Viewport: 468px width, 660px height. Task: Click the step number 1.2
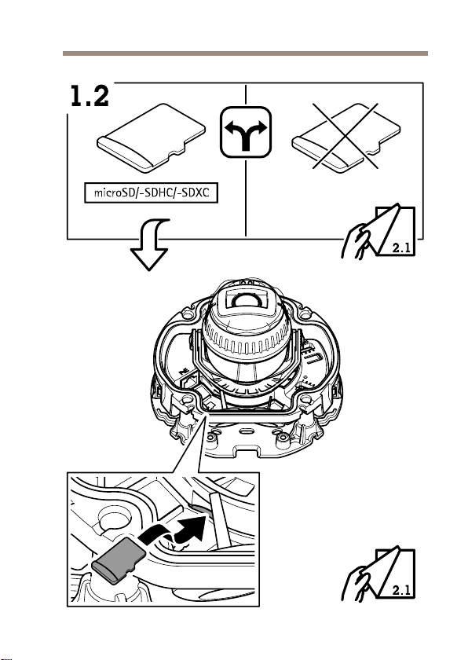click(x=90, y=96)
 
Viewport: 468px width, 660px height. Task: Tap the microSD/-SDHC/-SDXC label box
click(x=152, y=192)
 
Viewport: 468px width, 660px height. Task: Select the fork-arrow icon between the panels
click(x=246, y=132)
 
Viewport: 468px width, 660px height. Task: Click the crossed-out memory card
click(x=346, y=137)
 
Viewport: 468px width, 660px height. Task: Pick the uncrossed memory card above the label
click(x=152, y=138)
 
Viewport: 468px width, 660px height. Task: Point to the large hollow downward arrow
click(x=151, y=244)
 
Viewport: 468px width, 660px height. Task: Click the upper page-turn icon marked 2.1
click(x=378, y=230)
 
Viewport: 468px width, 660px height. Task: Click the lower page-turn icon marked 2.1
click(x=378, y=574)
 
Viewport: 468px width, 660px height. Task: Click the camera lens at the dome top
click(x=245, y=300)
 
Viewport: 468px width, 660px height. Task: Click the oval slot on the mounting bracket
click(x=246, y=431)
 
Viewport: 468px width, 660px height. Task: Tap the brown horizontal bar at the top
click(x=245, y=53)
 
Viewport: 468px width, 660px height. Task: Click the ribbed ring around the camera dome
click(x=246, y=341)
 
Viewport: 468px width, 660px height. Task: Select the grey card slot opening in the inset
click(x=201, y=511)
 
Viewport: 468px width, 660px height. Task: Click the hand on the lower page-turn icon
click(x=357, y=584)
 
